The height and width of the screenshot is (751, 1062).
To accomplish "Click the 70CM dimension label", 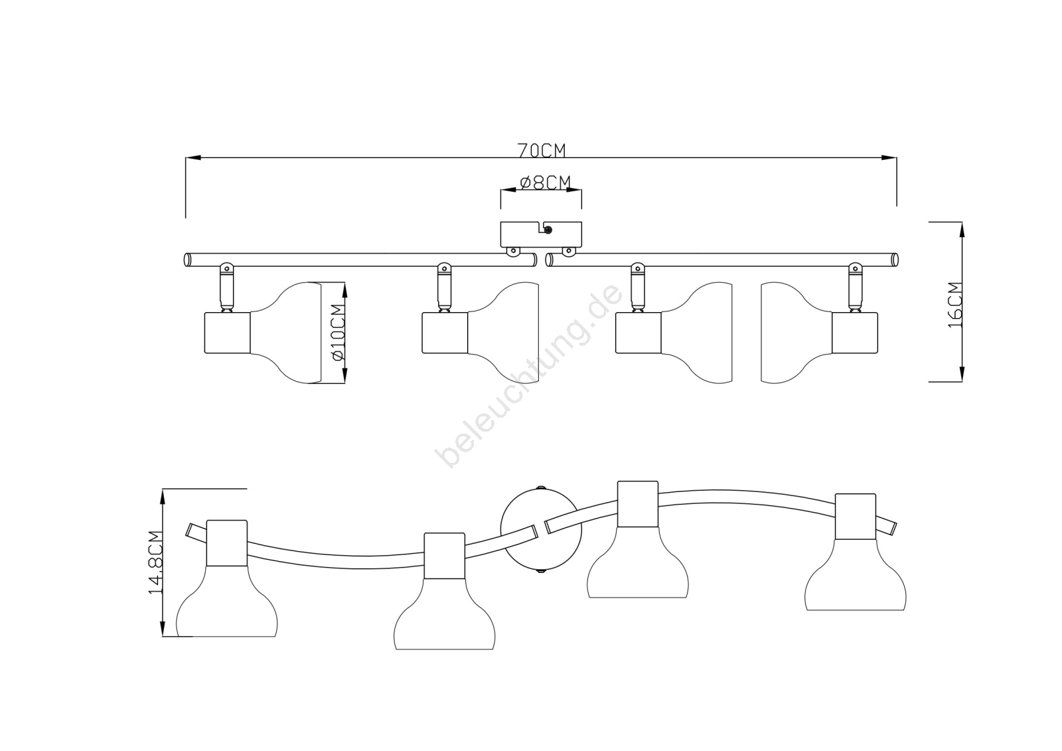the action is (542, 151).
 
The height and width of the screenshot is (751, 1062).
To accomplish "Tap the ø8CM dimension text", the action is (545, 182).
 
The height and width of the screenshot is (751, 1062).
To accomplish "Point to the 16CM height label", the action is (955, 305).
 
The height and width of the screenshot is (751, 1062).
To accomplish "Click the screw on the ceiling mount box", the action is (548, 230).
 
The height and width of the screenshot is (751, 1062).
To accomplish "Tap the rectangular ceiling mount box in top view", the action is (541, 234).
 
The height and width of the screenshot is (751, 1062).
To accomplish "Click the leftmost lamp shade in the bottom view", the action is (226, 601).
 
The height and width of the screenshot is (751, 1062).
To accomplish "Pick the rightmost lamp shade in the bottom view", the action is (856, 574).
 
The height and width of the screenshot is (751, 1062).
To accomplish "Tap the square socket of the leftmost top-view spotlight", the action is (227, 333).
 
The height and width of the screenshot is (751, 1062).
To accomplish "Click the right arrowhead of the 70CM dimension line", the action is (889, 157).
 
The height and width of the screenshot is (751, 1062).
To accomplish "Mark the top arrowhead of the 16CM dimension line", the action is (962, 230).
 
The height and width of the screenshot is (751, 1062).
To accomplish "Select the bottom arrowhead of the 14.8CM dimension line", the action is (163, 628).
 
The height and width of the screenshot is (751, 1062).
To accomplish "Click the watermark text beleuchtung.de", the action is (528, 376).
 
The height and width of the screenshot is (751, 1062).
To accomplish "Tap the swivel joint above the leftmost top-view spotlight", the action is (226, 288).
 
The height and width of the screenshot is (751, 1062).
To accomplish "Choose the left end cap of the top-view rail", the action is (187, 260).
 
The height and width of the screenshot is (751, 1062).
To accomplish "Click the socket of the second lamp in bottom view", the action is (444, 556).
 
